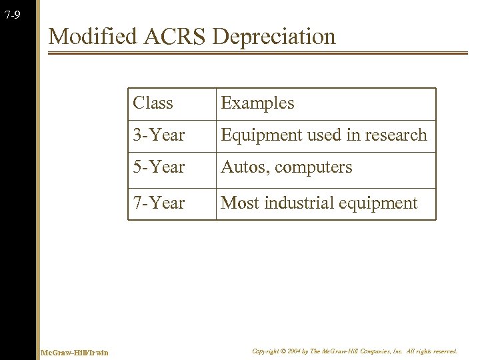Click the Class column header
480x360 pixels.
pyautogui.click(x=153, y=103)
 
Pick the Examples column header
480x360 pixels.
pyautogui.click(x=257, y=103)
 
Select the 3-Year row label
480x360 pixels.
pyautogui.click(x=159, y=135)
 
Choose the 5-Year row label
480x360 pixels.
pyautogui.click(x=159, y=167)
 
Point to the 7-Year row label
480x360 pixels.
pyautogui.click(x=159, y=203)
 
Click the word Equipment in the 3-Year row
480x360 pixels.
pyautogui.click(x=257, y=135)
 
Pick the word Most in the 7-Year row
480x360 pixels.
pyautogui.click(x=237, y=203)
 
